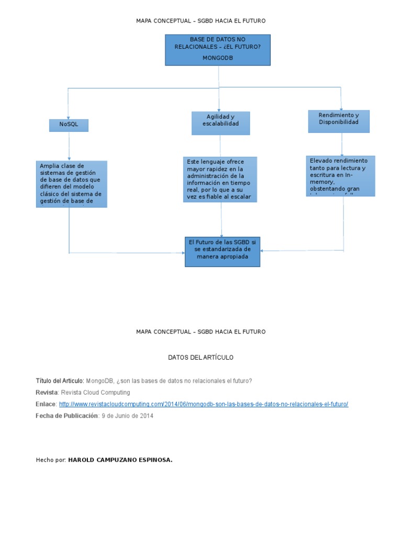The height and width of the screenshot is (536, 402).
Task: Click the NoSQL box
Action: point(69,125)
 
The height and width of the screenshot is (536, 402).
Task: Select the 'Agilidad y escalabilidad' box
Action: point(220,123)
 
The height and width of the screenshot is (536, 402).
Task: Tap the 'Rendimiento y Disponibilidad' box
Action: point(339,121)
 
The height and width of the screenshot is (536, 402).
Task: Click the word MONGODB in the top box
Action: point(217,58)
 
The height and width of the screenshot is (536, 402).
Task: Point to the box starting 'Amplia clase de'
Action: point(71,184)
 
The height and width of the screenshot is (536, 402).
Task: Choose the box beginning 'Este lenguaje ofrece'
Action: point(220,179)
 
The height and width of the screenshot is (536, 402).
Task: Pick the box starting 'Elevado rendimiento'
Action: point(340,175)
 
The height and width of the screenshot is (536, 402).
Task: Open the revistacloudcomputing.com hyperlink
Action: point(203,404)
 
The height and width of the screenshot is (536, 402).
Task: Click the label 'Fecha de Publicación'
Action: point(66,416)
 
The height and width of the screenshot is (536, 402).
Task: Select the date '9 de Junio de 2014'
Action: point(128,416)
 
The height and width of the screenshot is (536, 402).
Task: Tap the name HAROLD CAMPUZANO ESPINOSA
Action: point(120,460)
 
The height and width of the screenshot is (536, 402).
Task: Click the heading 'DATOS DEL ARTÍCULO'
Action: point(200,358)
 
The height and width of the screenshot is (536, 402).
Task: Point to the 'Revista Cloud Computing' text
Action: point(95,392)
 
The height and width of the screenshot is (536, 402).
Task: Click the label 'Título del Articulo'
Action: point(59,381)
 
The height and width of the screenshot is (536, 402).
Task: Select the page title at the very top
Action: point(200,21)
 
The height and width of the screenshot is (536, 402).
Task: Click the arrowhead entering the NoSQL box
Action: point(68,117)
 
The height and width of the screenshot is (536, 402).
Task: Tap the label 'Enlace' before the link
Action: point(46,404)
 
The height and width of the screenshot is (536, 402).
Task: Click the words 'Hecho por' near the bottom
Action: point(50,460)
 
